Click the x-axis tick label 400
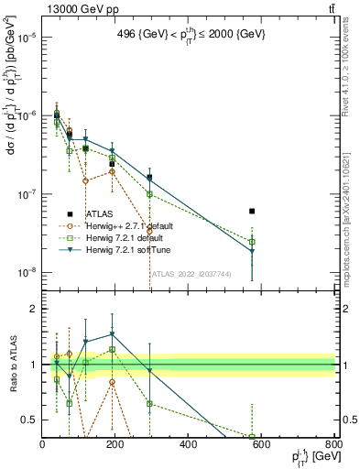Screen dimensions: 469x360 click(189, 445)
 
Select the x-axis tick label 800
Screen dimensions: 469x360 click(333, 445)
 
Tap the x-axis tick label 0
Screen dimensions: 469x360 click(42, 445)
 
